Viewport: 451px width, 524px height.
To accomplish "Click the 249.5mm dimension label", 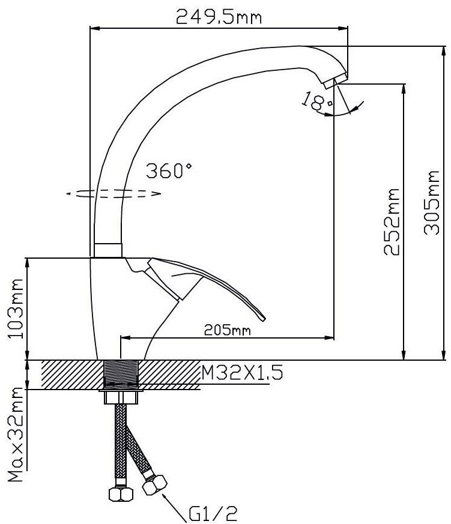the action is coord(219,17).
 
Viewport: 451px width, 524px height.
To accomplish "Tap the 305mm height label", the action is coord(432,202).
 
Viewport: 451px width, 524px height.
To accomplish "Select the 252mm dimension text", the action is coord(392,221).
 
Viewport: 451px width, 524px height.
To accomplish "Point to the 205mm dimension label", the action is coord(227,330).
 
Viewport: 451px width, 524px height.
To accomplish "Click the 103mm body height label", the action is coord(16,309).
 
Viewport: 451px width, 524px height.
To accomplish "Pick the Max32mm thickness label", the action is coord(16,435).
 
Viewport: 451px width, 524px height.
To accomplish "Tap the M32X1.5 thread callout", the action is coord(242,372).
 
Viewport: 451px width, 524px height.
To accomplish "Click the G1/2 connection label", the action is coord(213,514).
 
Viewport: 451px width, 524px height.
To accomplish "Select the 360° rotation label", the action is coord(169,170).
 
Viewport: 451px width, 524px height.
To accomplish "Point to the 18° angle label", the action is coord(316,101).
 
